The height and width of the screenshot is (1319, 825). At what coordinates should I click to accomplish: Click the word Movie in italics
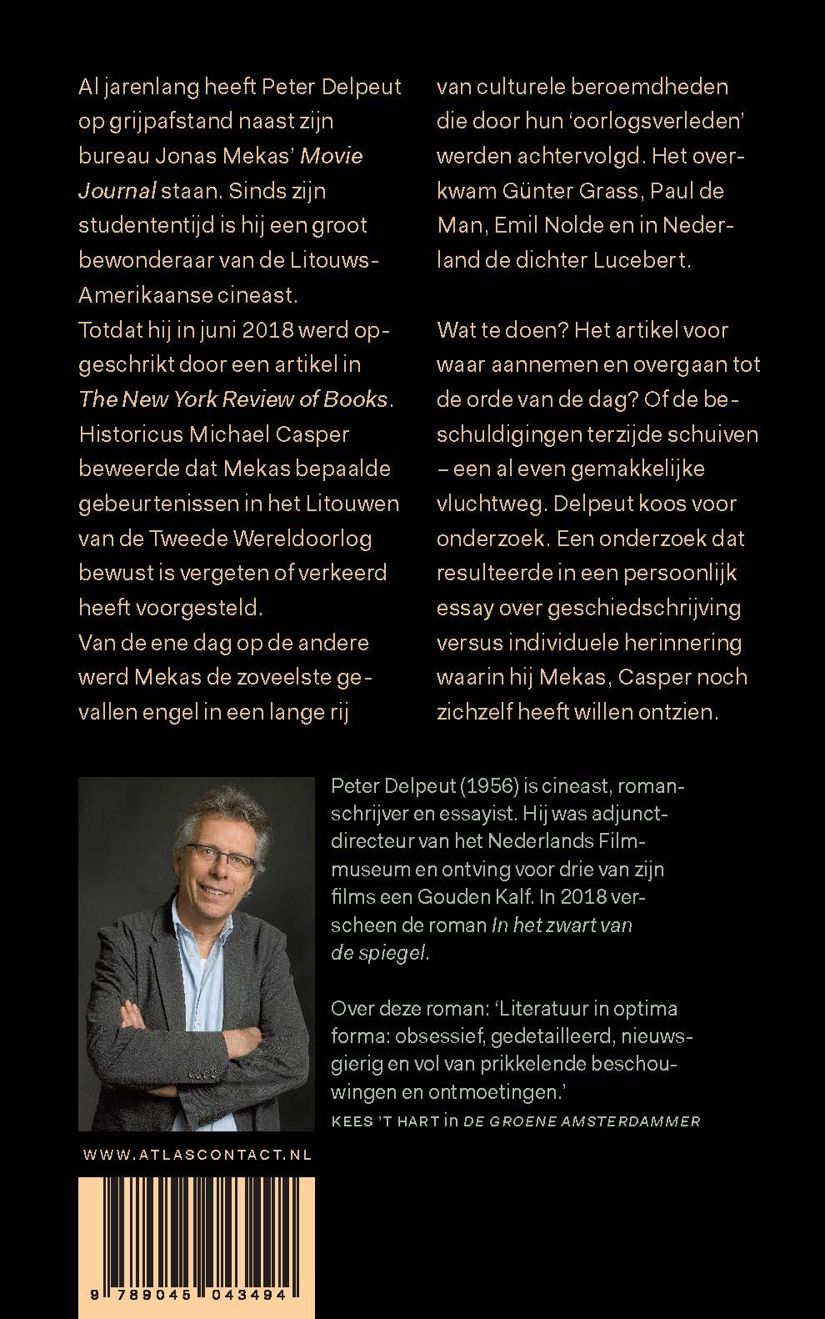pyautogui.click(x=331, y=156)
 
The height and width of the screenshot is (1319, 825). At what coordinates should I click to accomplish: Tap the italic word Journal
pyautogui.click(x=117, y=191)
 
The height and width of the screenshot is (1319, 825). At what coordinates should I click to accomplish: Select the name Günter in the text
pyautogui.click(x=537, y=191)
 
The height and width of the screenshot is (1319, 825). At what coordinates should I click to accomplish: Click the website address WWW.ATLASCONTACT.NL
pyautogui.click(x=197, y=1155)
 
